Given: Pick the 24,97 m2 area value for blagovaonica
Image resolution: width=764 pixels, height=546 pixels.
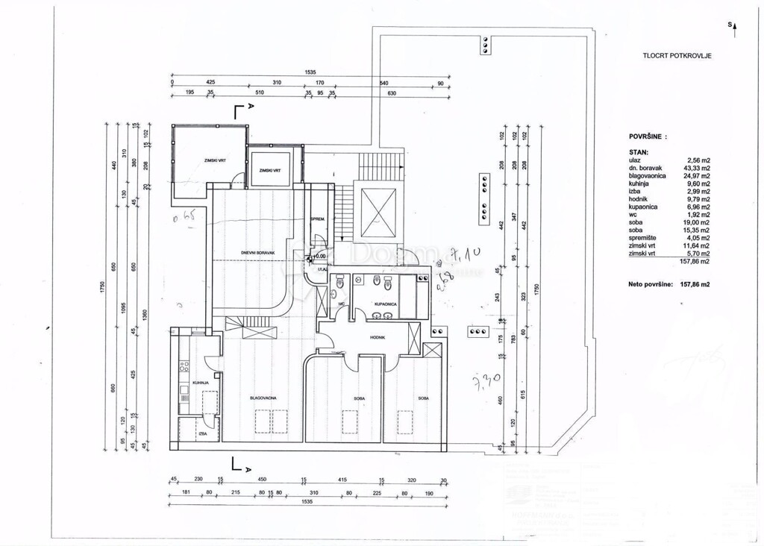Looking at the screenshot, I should point(698,175).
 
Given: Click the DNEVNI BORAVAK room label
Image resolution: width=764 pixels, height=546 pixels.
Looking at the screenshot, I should point(258,254).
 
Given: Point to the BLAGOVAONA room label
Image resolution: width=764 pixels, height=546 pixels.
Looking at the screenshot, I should point(263,398).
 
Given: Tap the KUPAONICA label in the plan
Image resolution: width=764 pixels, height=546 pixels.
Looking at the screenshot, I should point(384,305).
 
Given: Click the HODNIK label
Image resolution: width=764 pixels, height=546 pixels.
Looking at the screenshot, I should point(376,337).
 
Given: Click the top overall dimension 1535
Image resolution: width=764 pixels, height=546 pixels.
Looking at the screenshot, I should point(310,72).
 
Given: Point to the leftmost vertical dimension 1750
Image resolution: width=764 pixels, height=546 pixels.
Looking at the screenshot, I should point(105,286).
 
